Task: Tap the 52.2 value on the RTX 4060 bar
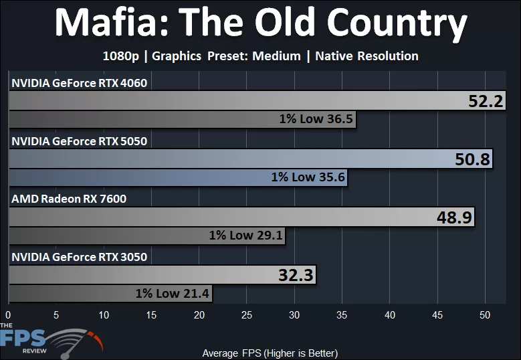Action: (x=485, y=102)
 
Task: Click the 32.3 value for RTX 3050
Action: (x=296, y=274)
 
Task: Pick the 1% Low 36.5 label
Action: (x=316, y=120)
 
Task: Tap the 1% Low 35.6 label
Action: (x=308, y=177)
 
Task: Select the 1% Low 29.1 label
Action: (x=245, y=236)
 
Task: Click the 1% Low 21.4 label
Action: (x=173, y=293)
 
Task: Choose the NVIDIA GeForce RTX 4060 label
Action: (x=79, y=84)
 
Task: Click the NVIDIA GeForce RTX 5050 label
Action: (x=79, y=141)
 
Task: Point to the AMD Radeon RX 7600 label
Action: (x=68, y=199)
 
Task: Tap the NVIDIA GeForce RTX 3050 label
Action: (x=79, y=256)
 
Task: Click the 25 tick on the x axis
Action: (x=247, y=314)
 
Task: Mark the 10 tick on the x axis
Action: (x=104, y=314)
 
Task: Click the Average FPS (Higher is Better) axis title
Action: (x=270, y=353)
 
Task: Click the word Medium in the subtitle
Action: (x=276, y=56)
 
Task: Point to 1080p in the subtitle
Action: (x=120, y=56)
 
